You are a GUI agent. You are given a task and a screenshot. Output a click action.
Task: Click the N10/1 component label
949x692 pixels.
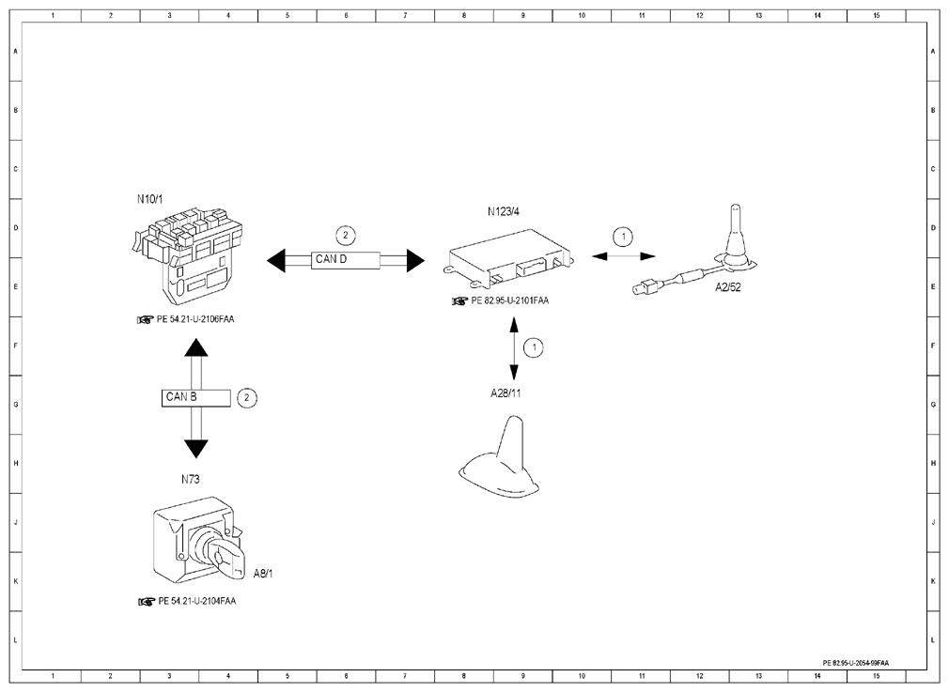click(149, 199)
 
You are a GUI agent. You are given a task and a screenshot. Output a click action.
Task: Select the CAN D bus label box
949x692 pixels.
click(346, 260)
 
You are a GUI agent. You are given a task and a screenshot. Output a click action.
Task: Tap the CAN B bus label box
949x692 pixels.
click(195, 398)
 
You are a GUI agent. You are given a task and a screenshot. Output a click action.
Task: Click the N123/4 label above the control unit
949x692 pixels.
click(503, 211)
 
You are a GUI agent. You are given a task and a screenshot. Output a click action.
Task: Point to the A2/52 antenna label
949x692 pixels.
click(727, 288)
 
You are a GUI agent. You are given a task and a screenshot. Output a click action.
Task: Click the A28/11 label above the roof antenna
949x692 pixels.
click(506, 393)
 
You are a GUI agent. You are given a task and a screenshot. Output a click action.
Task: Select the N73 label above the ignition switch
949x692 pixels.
click(190, 479)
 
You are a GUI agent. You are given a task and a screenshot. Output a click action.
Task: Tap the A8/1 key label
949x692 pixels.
click(263, 574)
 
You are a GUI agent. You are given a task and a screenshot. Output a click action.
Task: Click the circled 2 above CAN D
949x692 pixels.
click(346, 236)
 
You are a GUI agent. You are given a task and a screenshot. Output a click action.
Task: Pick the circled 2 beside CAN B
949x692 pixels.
click(246, 398)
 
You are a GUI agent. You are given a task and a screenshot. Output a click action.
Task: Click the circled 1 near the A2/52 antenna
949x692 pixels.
click(623, 237)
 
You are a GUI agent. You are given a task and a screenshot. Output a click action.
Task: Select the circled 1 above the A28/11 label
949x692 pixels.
click(533, 347)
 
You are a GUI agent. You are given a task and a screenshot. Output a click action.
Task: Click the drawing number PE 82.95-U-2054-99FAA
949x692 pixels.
click(856, 663)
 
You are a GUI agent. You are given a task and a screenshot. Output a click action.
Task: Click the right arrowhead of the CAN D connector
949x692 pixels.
click(415, 261)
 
